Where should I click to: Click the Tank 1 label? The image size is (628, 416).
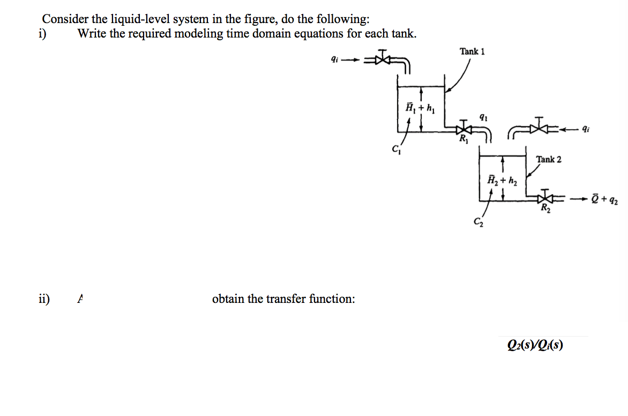tap(472, 51)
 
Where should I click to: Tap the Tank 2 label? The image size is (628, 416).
tap(549, 159)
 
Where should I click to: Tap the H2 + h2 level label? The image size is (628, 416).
tap(502, 180)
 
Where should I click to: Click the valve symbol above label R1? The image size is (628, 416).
tap(461, 129)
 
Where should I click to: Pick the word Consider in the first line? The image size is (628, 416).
tap(61, 19)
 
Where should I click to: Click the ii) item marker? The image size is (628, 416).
tap(44, 298)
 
